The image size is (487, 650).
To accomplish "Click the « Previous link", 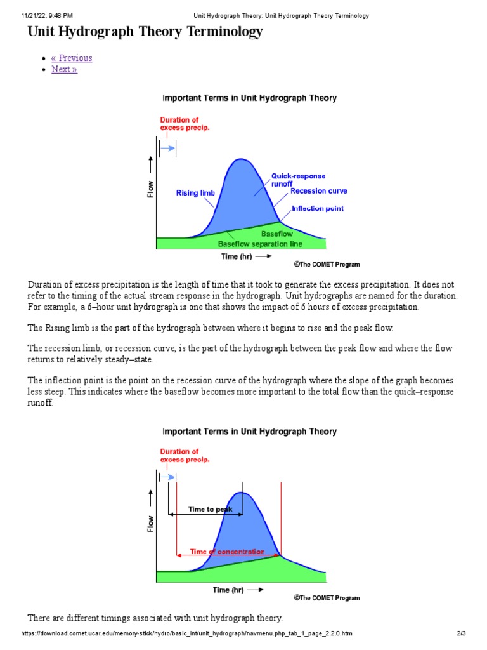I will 72,58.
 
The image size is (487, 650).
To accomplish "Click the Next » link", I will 64,69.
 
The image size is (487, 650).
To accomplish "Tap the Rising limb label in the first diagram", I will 195,193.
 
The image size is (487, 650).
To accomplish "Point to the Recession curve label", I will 319,191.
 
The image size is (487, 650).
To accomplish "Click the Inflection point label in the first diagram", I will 318,209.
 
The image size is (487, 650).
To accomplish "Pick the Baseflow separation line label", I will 260,244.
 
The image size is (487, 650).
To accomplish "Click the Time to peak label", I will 211,509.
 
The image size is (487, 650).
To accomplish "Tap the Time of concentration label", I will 227,552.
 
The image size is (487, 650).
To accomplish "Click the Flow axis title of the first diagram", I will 151,189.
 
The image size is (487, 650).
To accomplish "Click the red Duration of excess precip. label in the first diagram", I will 185,124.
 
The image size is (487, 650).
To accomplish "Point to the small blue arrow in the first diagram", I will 168,148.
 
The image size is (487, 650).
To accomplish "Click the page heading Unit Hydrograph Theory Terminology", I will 145,32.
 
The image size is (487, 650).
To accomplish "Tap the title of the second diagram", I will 250,432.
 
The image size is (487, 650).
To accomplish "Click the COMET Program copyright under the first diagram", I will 327,264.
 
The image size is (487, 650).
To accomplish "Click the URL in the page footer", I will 187,633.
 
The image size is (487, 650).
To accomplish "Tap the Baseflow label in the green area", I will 277,234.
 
